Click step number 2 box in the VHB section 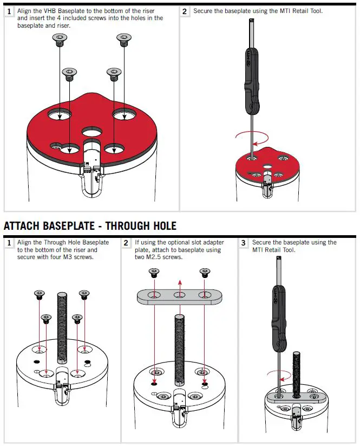(x=185, y=11)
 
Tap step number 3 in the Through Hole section (x=244, y=243)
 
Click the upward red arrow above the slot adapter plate (x=179, y=285)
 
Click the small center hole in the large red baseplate (x=91, y=132)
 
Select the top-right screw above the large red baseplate (x=124, y=38)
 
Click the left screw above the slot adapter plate (x=154, y=273)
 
